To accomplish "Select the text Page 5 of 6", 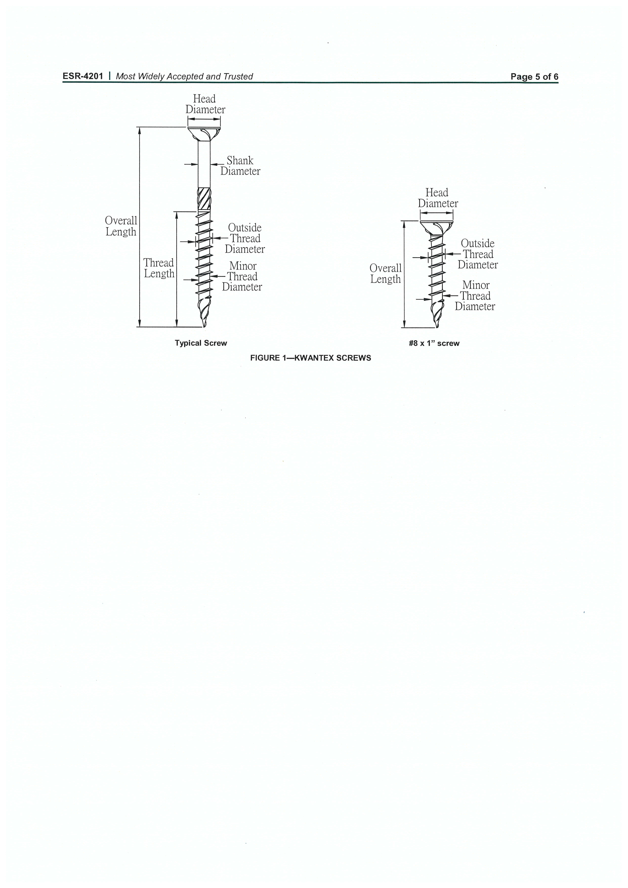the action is tap(534, 77).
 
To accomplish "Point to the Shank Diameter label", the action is tap(240, 166).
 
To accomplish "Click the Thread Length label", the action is tap(159, 268).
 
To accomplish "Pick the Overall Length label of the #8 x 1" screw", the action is tap(385, 273).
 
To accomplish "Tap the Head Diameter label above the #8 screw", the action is tap(438, 198).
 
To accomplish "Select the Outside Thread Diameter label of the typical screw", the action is tap(245, 238).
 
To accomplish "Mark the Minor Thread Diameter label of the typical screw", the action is tap(242, 276).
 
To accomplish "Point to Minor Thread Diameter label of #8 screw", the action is tap(475, 295).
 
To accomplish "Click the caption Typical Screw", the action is tap(201, 343).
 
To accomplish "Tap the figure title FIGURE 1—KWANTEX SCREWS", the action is tap(310, 358).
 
